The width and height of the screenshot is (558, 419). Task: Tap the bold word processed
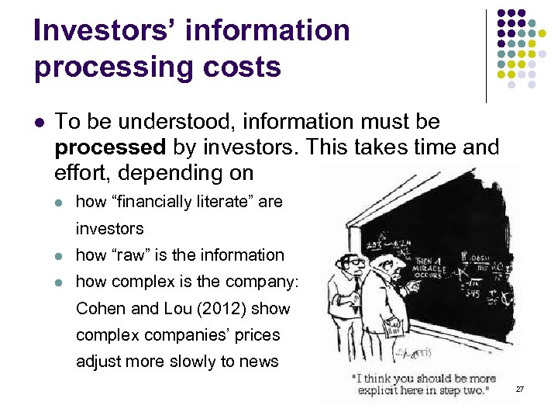[111, 147]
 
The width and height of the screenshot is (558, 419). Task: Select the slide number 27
[519, 388]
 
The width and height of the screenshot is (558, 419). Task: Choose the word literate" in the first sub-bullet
[226, 202]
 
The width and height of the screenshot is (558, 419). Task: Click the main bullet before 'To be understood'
[40, 123]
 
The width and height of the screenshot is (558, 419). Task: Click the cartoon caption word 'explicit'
[380, 390]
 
